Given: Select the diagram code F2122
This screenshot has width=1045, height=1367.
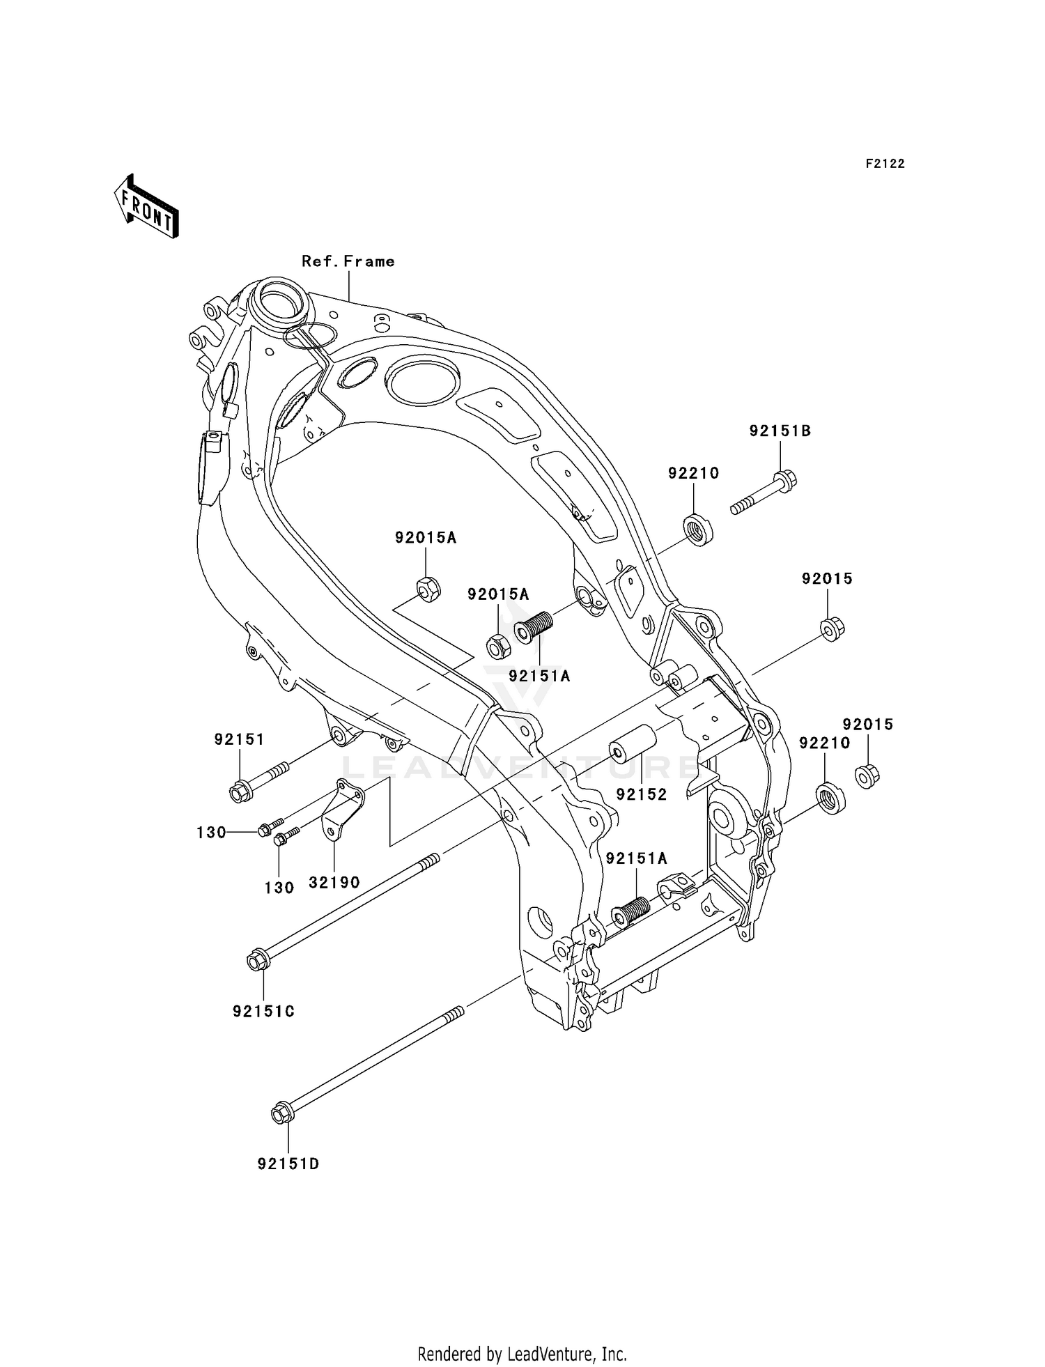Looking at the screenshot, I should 885,164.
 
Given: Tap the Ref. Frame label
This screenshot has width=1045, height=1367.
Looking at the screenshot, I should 348,261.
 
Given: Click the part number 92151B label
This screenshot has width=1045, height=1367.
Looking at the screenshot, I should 780,431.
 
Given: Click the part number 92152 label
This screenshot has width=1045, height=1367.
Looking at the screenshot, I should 640,794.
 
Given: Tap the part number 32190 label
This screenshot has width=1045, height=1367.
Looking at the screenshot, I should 334,882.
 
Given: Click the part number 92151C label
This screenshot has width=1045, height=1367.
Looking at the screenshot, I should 263,1011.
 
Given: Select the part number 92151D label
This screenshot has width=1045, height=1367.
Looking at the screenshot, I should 288,1164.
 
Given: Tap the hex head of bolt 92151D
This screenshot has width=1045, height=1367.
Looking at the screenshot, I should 280,1114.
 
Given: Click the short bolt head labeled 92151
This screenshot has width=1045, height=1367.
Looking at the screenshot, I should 240,792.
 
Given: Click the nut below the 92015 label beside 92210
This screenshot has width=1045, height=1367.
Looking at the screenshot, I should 866,775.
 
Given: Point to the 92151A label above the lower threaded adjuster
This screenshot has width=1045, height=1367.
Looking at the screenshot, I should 636,859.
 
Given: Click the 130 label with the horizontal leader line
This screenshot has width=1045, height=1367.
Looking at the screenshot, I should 211,832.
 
